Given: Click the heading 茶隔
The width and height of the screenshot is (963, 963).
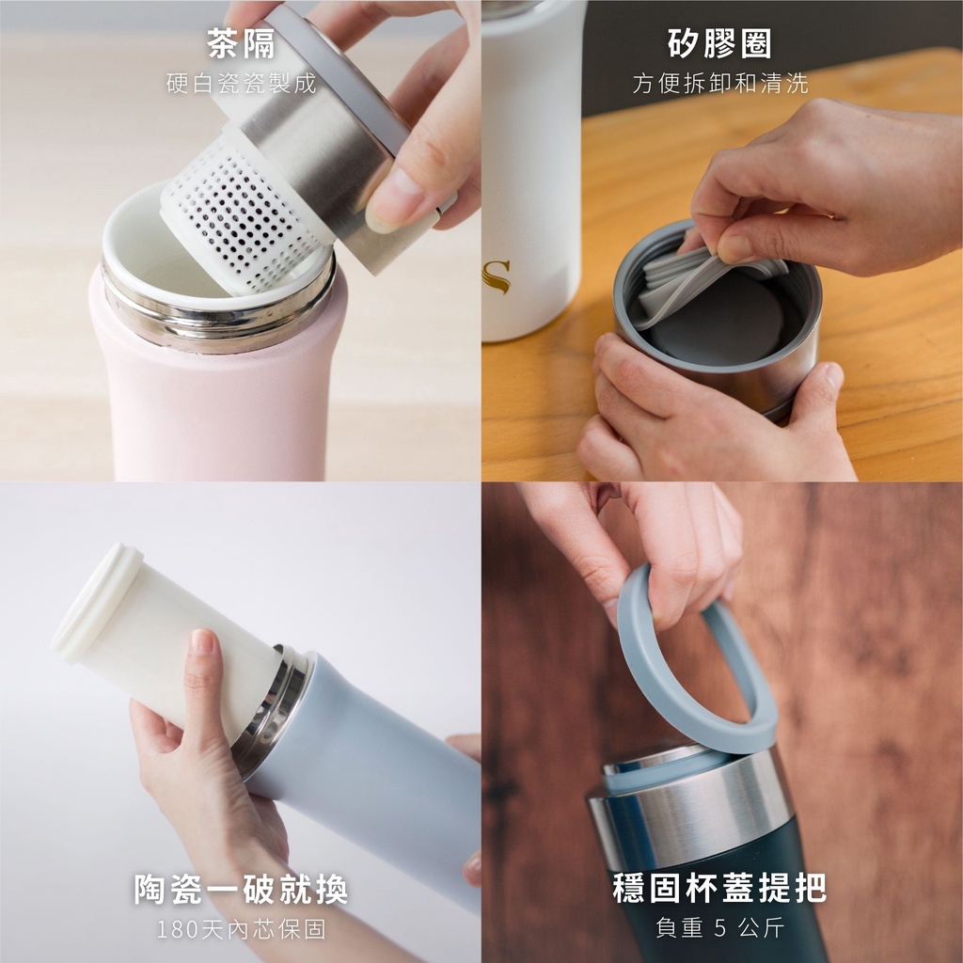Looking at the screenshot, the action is pyautogui.click(x=241, y=43).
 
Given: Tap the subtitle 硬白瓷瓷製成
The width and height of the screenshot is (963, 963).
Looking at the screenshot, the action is pyautogui.click(x=241, y=83).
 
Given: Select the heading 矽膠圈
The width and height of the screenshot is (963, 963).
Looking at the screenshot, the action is pyautogui.click(x=719, y=43).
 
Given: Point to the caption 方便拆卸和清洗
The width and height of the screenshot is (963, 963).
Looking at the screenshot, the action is pyautogui.click(x=719, y=83).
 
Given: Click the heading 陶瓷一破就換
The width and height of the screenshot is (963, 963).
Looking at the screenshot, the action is pyautogui.click(x=241, y=889).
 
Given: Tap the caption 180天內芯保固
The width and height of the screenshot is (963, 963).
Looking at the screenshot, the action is pyautogui.click(x=241, y=928).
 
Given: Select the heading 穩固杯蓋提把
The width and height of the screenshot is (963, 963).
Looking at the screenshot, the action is pyautogui.click(x=719, y=888).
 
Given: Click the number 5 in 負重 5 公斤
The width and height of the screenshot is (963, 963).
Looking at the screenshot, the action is pyautogui.click(x=720, y=927).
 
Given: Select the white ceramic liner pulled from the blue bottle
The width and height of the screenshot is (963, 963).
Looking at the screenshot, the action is pyautogui.click(x=166, y=639).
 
